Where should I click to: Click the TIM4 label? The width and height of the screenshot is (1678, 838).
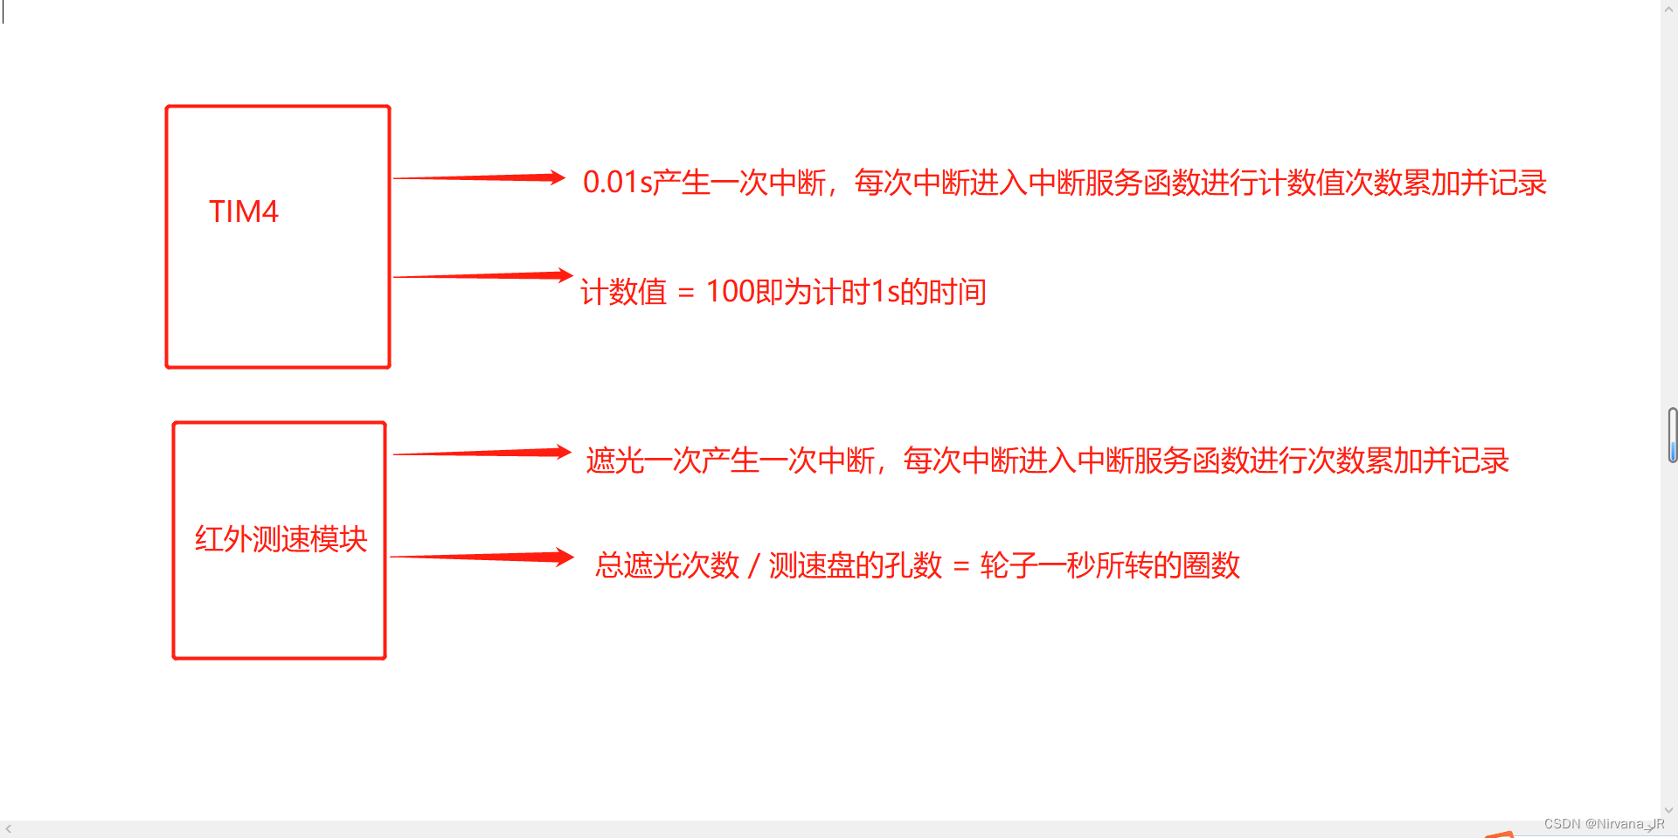[243, 211]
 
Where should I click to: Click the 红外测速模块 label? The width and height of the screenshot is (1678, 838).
[281, 539]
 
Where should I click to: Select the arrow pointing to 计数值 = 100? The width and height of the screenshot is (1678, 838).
[482, 276]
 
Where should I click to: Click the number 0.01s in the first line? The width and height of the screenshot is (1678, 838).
[617, 183]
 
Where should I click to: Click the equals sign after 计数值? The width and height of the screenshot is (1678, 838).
[686, 294]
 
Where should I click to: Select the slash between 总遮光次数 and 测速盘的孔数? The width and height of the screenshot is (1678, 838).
[753, 566]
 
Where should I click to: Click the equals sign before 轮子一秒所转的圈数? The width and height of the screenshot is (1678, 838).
[961, 567]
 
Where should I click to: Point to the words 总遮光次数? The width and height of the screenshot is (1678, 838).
[668, 566]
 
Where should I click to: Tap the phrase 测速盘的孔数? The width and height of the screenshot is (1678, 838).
[856, 566]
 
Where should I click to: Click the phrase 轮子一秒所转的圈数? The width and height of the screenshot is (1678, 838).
[1110, 566]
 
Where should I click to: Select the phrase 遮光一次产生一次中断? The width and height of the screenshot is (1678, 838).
[731, 461]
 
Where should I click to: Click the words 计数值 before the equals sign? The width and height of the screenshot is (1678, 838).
[623, 292]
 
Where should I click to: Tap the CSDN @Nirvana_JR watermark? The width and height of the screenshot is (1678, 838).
[1604, 824]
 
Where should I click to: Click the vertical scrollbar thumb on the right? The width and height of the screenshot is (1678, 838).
[1672, 434]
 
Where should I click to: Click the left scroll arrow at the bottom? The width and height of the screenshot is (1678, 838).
[8, 828]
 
